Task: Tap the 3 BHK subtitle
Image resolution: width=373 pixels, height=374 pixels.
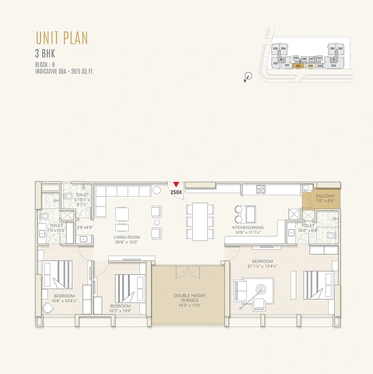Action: pos(44,53)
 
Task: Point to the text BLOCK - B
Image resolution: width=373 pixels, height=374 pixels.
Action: pos(46,64)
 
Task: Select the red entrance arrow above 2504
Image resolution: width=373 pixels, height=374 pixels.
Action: pos(177,184)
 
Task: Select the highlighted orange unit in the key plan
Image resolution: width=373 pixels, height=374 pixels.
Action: pos(299,66)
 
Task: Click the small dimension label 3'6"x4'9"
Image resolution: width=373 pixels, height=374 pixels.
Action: pos(85,227)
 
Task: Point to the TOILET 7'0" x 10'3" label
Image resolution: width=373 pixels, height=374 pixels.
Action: pos(57,227)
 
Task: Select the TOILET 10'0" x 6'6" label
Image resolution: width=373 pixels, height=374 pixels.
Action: pos(308,228)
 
